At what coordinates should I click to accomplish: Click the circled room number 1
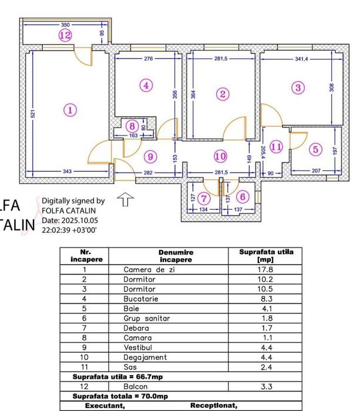coord(70,109)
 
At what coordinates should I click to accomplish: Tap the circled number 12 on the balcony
coord(66,36)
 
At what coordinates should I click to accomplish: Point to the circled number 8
coord(133,126)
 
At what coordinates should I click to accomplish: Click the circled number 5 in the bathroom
coord(316,149)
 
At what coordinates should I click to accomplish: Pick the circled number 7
coord(204,198)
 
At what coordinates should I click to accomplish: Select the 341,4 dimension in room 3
coord(301,59)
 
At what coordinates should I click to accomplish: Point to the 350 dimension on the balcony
coord(65,25)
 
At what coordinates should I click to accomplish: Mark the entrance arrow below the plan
coord(125,201)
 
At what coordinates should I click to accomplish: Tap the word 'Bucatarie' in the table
coord(139,299)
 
